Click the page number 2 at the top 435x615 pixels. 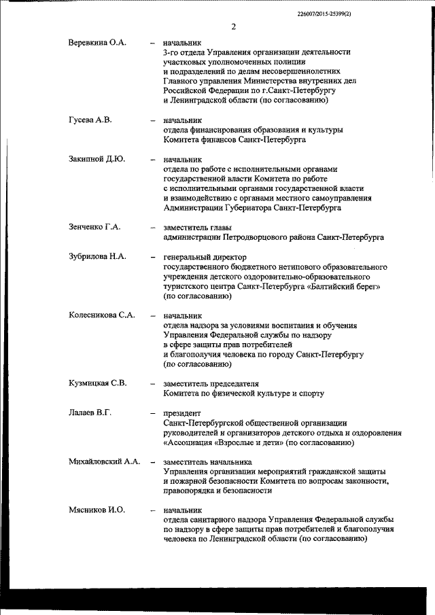click(233, 27)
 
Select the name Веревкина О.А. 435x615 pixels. click(97, 42)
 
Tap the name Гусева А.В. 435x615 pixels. click(90, 120)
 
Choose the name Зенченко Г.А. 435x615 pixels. click(94, 227)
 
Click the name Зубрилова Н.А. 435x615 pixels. click(98, 257)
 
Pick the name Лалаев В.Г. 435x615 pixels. click(90, 412)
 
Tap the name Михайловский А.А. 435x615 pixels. click(105, 461)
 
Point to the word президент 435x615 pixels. click(182, 412)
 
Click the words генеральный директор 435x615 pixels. click(205, 257)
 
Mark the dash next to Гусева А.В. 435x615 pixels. click(152, 121)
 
